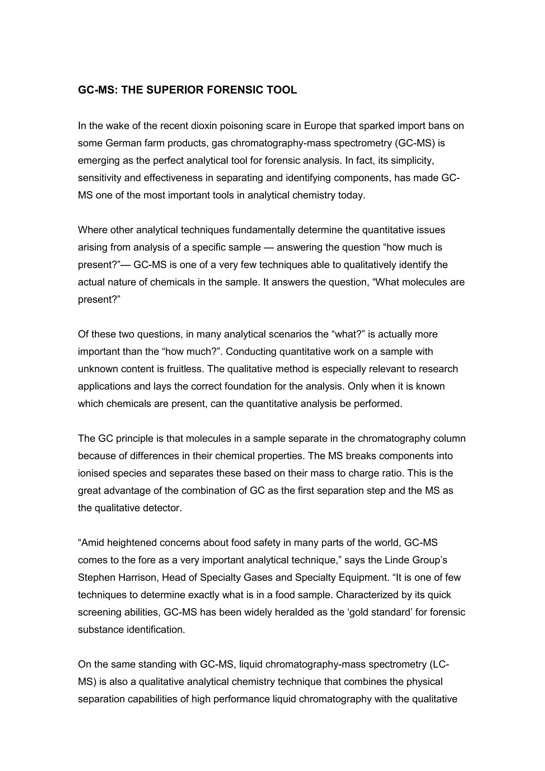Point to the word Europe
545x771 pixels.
pos(320,126)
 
